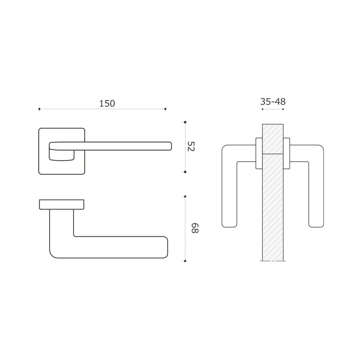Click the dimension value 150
tap(107, 104)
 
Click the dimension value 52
tap(191, 147)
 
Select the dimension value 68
tap(194, 228)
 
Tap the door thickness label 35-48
tap(273, 102)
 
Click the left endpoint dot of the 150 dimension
tap(39, 109)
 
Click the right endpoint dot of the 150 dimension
tap(165, 109)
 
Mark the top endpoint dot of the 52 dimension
tap(185, 122)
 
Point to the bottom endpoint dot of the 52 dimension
tap(185, 172)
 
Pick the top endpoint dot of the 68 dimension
tap(185, 197)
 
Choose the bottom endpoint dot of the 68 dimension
tap(185, 261)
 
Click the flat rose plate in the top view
tap(61, 204)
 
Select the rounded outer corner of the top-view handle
tap(53, 254)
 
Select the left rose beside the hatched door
tap(259, 153)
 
